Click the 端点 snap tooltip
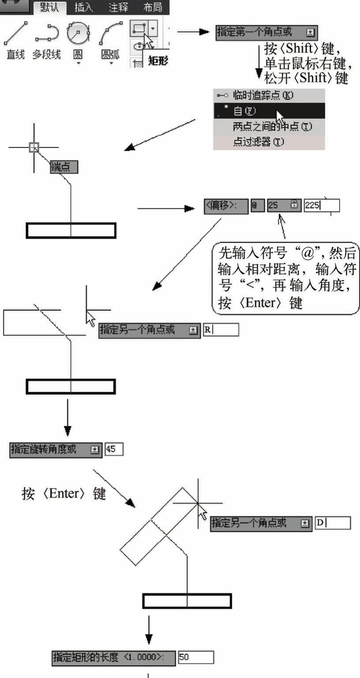[x=64, y=167]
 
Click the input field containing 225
[x=322, y=206]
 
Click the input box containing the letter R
[x=221, y=329]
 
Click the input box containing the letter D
[x=333, y=523]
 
